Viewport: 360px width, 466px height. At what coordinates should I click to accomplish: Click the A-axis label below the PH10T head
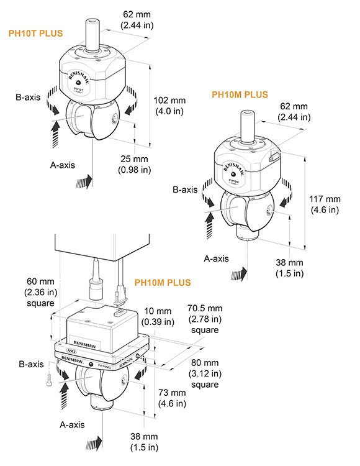pos(65,165)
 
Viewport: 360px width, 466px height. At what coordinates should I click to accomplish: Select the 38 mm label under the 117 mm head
pos(289,268)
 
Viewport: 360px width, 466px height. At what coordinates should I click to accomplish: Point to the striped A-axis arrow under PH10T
pos(84,180)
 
